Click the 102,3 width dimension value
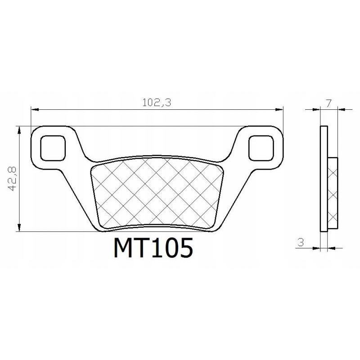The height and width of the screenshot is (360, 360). click(157, 102)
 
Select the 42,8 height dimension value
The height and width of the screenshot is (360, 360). click(12, 179)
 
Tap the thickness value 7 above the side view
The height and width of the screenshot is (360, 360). click(329, 103)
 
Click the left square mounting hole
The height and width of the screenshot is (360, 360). click(53, 147)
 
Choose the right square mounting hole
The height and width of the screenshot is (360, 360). click(261, 147)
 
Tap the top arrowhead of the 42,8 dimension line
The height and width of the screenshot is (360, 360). click(19, 130)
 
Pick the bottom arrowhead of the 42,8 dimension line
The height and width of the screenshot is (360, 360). click(19, 228)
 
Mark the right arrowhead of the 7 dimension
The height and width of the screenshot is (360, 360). click(342, 109)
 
